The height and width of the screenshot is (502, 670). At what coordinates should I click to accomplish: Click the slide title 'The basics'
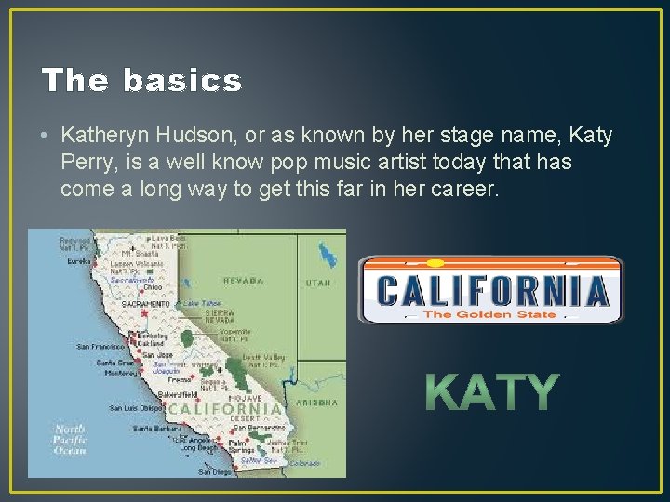141,81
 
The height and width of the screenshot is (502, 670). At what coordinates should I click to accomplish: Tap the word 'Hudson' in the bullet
203,136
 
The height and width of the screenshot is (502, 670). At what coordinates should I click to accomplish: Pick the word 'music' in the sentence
357,163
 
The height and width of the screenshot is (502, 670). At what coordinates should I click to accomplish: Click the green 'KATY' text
492,392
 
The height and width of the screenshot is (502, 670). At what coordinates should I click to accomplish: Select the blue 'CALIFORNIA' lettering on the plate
492,291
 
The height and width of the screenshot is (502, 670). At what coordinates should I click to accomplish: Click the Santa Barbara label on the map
154,429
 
